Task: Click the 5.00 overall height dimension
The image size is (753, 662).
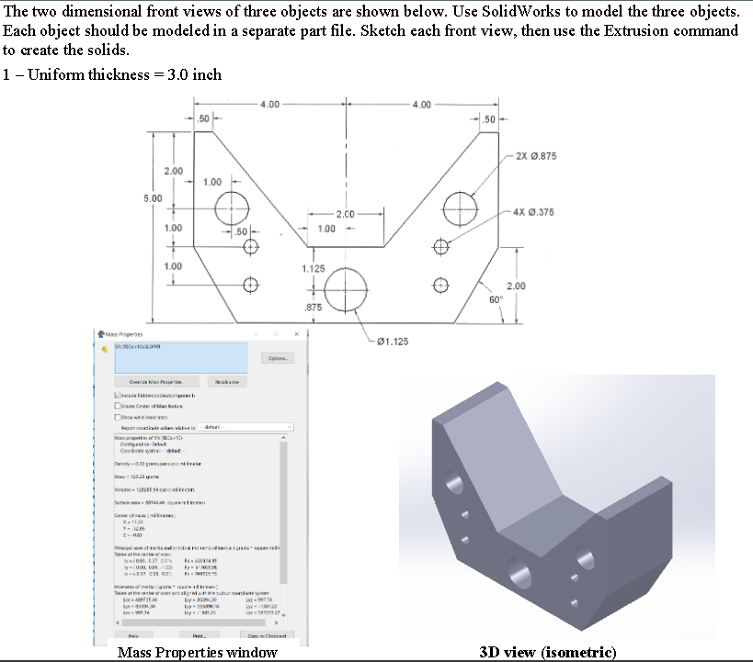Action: click(x=153, y=197)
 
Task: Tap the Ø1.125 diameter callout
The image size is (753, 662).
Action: click(x=389, y=342)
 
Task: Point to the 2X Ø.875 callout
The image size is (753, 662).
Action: click(x=537, y=156)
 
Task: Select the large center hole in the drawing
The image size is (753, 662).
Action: click(x=347, y=285)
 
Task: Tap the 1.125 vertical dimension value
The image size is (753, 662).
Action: click(x=314, y=268)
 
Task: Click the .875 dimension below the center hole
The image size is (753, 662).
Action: click(x=313, y=308)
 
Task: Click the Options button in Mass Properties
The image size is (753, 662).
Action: click(x=278, y=358)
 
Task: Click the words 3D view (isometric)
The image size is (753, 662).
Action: click(x=548, y=653)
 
